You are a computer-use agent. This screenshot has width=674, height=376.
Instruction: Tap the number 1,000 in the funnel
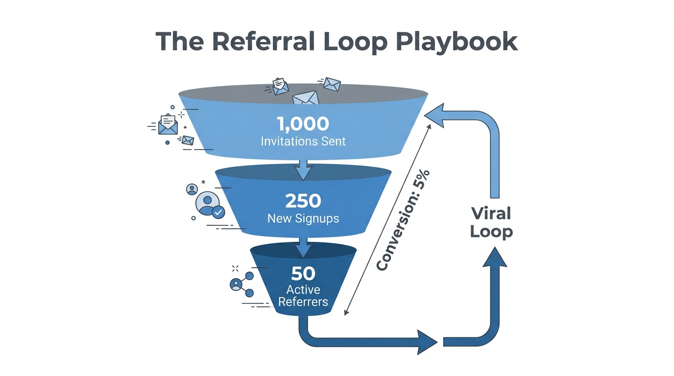tap(303, 123)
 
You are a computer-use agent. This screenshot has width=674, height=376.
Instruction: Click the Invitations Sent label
tap(303, 141)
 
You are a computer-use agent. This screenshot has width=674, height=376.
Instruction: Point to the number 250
tap(303, 201)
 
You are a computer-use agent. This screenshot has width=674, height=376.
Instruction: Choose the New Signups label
tap(303, 218)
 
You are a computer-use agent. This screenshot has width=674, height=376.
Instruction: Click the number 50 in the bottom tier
tap(303, 273)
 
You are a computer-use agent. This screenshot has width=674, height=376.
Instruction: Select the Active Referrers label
tap(303, 295)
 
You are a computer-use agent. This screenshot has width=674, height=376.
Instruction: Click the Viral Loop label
tap(491, 223)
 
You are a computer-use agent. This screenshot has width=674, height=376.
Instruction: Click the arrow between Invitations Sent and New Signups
tap(303, 169)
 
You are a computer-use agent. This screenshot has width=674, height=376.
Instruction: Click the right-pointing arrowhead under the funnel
tap(426, 341)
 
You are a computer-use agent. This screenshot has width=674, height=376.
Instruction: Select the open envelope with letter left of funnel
tap(168, 124)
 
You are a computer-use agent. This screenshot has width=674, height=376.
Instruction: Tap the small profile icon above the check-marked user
tap(192, 189)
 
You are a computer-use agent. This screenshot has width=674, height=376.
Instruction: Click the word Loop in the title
tap(358, 42)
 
